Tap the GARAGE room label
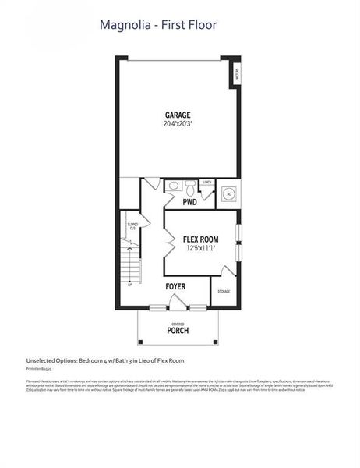177,115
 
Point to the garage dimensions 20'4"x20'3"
177,124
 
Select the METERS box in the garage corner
237,75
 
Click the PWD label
189,202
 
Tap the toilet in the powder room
173,186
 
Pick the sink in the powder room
192,187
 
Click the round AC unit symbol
228,194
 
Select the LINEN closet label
206,183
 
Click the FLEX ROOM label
200,239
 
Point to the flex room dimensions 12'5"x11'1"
200,249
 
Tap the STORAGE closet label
224,292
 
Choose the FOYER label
175,287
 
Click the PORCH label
178,330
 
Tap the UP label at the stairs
129,285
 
